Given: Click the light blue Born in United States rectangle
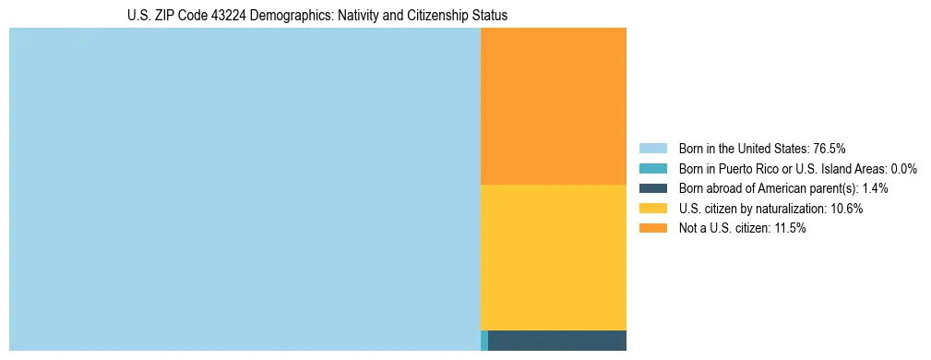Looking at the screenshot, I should tap(245, 189).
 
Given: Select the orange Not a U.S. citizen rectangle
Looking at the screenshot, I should tap(554, 106).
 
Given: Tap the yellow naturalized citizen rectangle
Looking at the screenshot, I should tap(554, 257).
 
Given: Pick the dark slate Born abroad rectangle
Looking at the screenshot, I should tap(557, 340).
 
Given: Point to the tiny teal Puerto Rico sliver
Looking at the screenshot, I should tap(484, 340).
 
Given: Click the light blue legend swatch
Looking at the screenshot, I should tap(652, 149).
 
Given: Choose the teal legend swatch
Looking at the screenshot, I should tap(652, 169).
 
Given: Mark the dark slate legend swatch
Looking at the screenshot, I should tap(652, 188).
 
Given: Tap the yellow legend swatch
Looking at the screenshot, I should tap(652, 209).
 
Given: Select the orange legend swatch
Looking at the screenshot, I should tap(652, 229).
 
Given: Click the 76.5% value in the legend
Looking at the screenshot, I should tap(830, 149).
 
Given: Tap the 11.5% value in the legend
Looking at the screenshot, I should tap(790, 229).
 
